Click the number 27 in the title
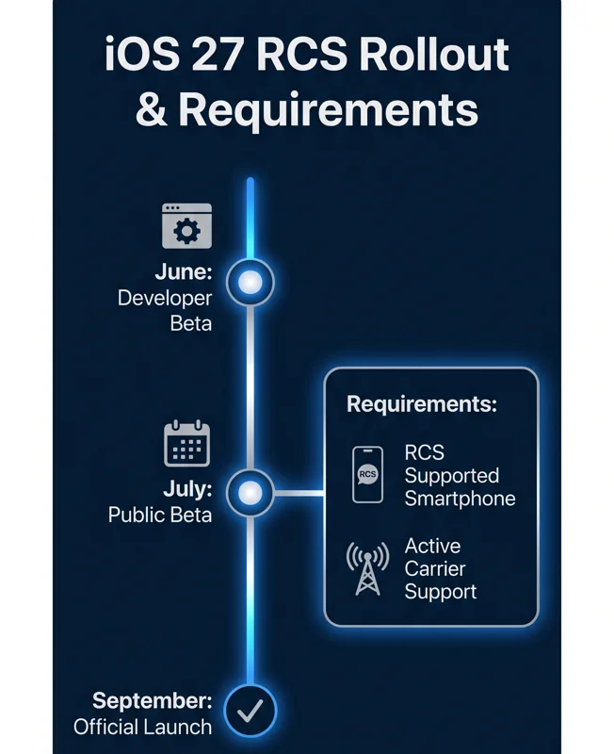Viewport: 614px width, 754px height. pos(217,54)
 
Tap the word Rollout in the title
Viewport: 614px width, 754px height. pos(434,54)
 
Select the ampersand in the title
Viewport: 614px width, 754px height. pos(152,108)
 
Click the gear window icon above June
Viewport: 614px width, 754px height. pos(186,225)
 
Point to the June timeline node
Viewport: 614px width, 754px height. pos(250,282)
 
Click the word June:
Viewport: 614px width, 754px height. pos(184,272)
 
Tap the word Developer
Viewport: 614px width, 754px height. pos(164,299)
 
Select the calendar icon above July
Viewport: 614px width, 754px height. pos(186,443)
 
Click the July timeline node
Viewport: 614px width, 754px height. pos(250,493)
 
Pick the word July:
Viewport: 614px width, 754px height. pos(187,489)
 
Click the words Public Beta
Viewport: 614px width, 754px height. pos(160,515)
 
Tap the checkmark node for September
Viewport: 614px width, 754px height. pos(250,711)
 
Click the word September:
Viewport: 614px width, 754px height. pos(153,701)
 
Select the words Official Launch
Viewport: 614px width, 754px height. pos(143,727)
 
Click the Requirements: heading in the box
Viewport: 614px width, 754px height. pos(422,404)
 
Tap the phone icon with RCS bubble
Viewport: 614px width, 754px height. pos(367,475)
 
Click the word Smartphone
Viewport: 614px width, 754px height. pos(460,499)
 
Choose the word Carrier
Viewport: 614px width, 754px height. pos(435,569)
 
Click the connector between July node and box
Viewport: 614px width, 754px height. pos(299,493)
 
